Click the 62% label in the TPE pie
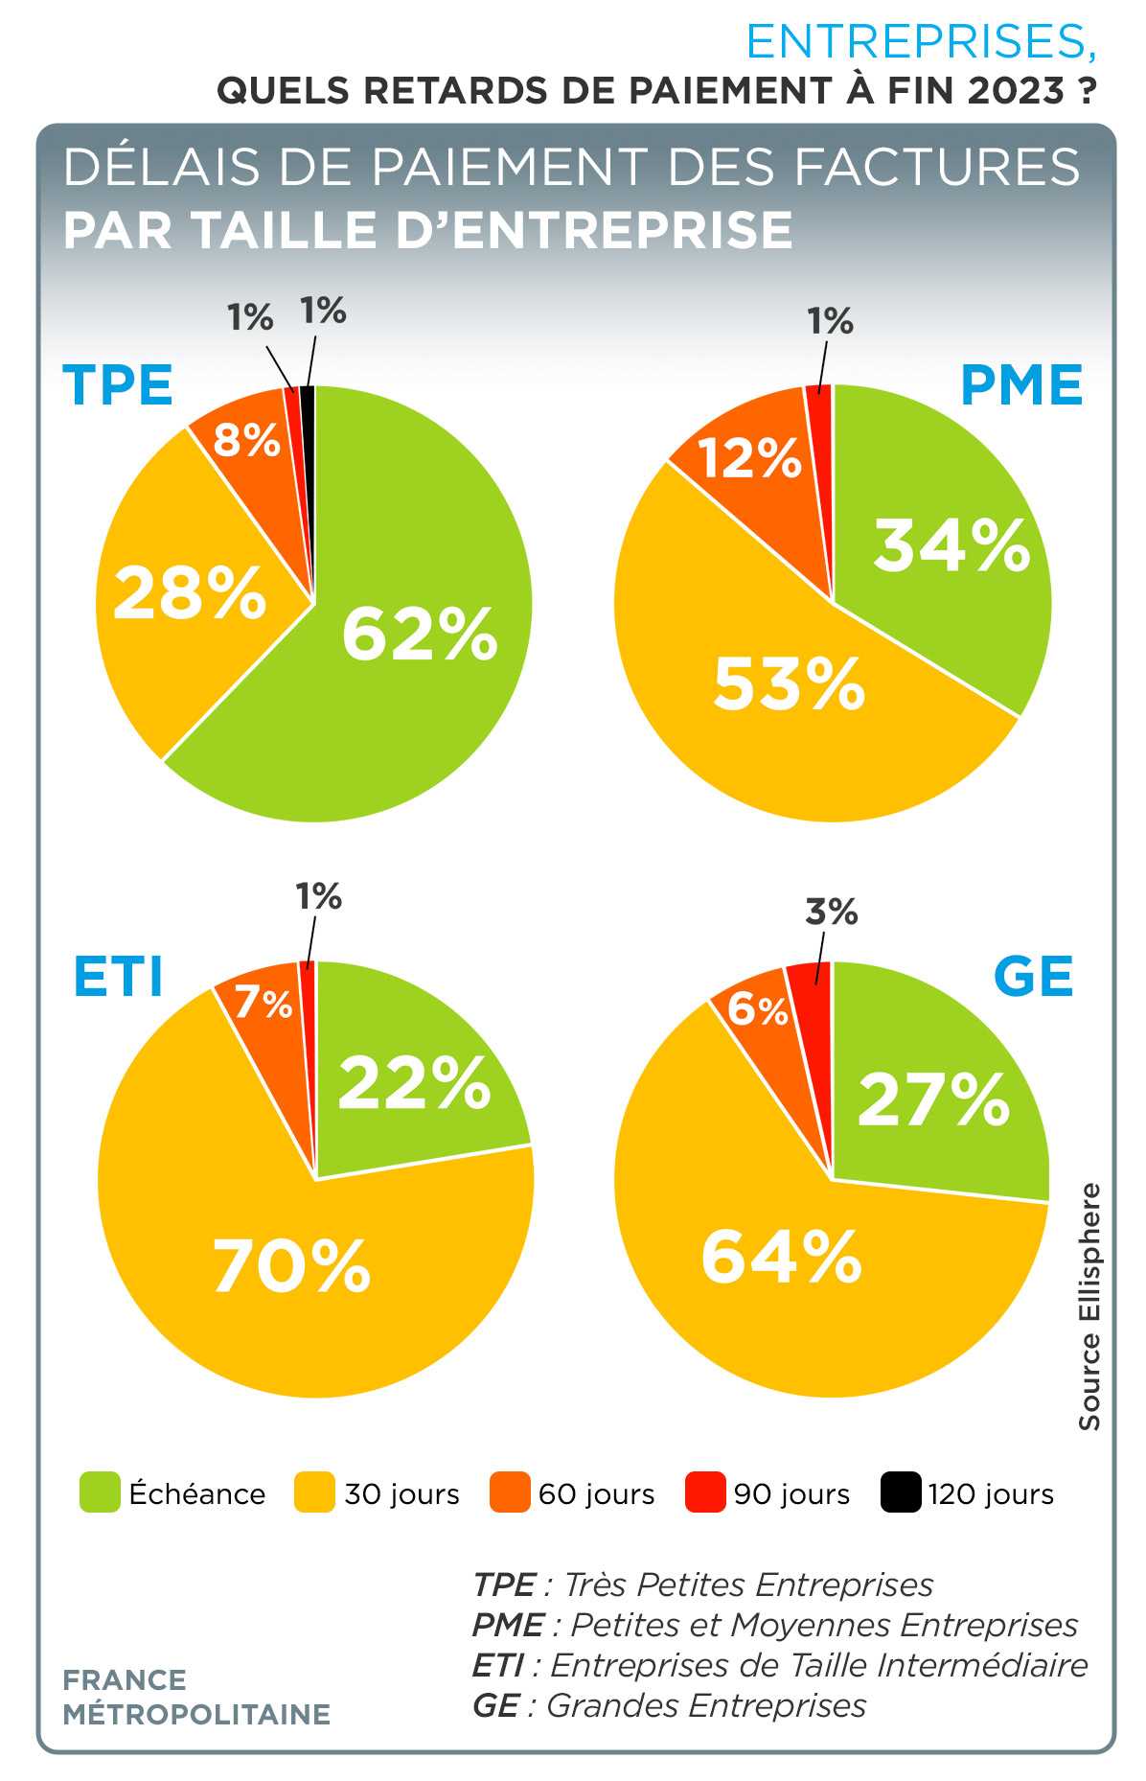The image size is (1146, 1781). click(x=420, y=634)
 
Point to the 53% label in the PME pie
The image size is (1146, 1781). click(x=789, y=683)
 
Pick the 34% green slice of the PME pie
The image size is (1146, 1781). click(x=939, y=546)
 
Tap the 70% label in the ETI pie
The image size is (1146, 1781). click(x=291, y=1266)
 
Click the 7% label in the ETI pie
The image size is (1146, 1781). click(x=264, y=1004)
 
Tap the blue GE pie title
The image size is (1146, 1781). click(x=1033, y=977)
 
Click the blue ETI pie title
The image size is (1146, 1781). click(x=118, y=977)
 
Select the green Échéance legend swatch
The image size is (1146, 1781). click(x=100, y=1492)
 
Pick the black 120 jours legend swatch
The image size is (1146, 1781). click(x=901, y=1492)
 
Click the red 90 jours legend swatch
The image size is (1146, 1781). click(x=705, y=1492)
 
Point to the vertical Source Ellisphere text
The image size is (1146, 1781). click(x=1089, y=1307)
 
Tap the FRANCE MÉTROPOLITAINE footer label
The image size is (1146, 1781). click(x=196, y=1697)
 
